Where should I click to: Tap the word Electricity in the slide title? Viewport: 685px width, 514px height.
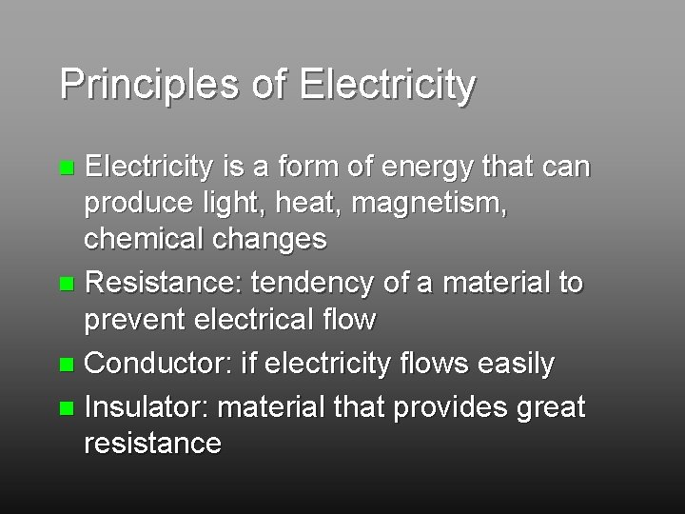click(386, 85)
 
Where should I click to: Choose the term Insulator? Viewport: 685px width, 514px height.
click(147, 408)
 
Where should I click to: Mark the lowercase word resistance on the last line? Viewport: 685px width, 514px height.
click(153, 443)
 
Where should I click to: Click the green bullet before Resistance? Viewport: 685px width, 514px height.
click(66, 285)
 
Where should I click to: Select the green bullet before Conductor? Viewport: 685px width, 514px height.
click(66, 365)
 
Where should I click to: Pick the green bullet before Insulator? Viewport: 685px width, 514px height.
click(66, 409)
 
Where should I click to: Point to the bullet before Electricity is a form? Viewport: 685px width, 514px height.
click(66, 169)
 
